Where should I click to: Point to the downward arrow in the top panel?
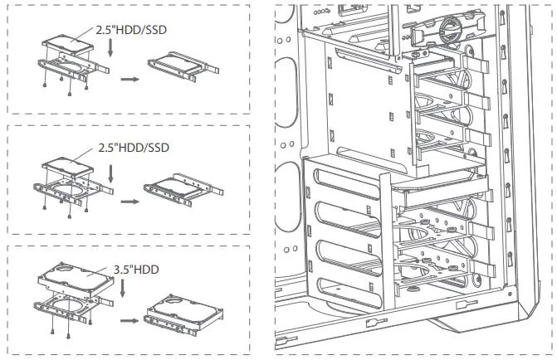(110, 51)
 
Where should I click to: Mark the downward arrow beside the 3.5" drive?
(124, 292)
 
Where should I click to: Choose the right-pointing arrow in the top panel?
(129, 80)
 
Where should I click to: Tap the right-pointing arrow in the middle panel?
(129, 201)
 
